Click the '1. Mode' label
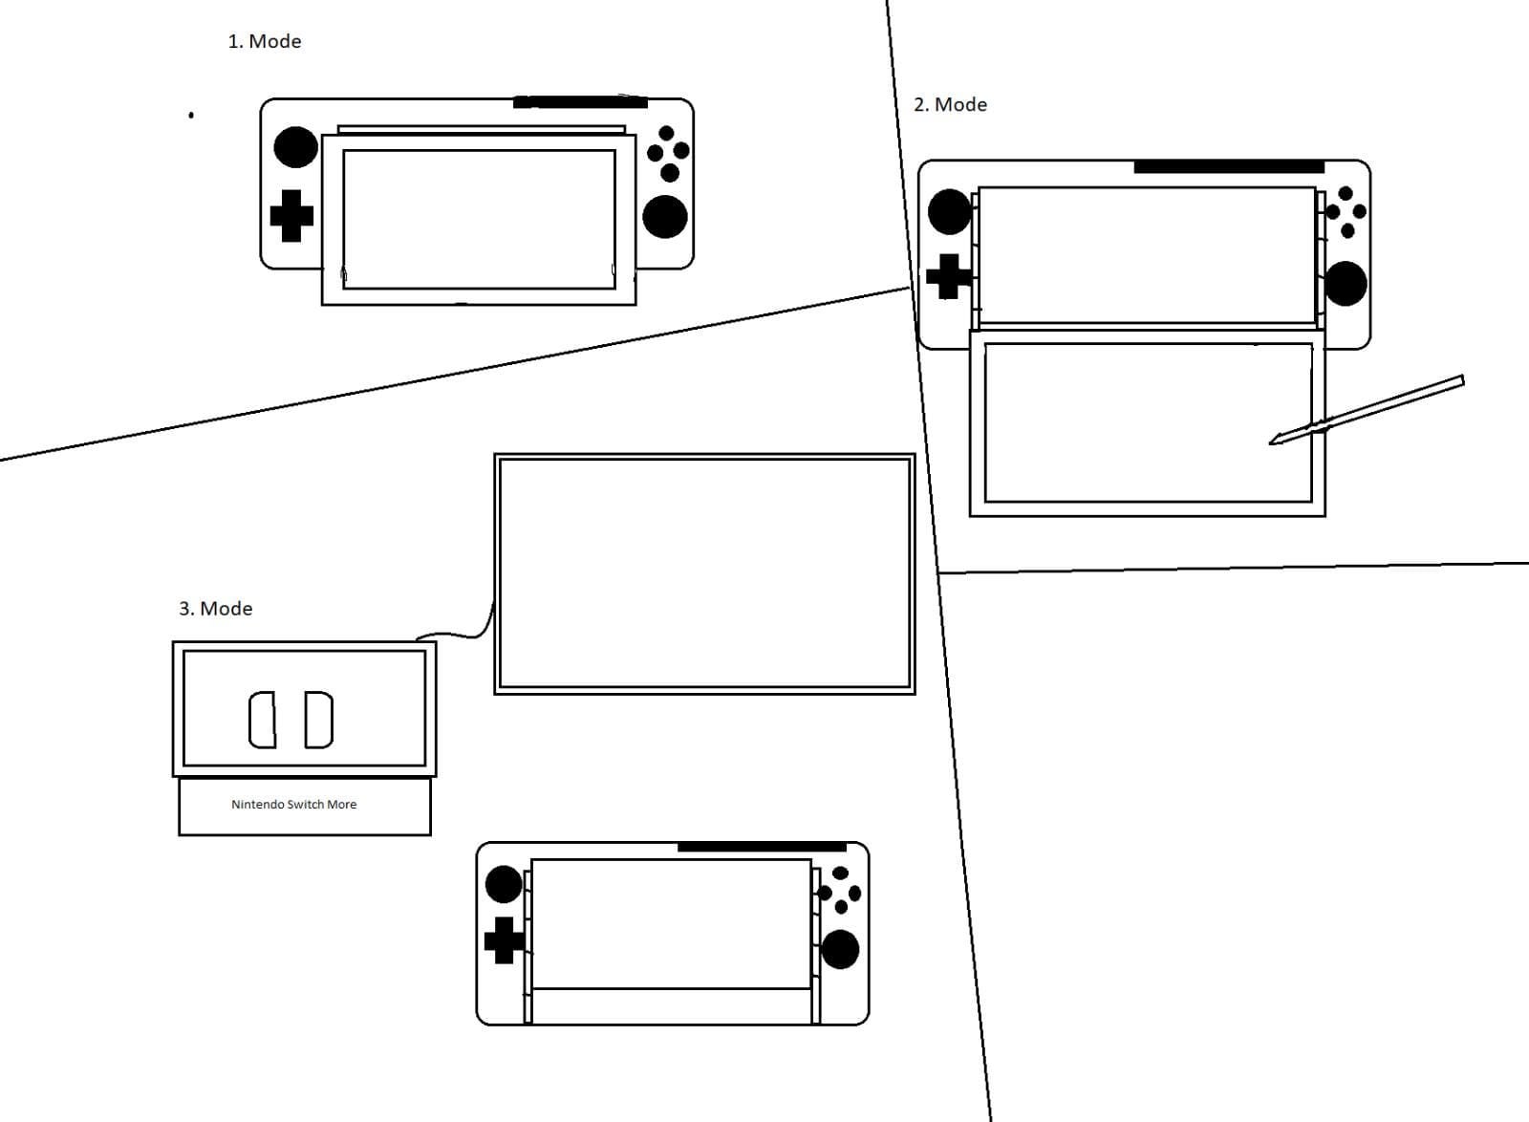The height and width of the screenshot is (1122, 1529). coord(264,41)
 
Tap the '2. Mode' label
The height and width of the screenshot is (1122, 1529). coord(950,104)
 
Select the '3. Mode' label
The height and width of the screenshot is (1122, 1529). coord(215,609)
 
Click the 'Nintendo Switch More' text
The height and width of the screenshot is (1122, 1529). coord(293,805)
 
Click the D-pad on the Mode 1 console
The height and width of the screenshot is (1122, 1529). coord(291,216)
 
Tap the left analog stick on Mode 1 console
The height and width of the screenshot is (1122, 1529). coord(295,147)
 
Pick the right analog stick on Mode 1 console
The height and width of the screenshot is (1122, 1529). coord(664,217)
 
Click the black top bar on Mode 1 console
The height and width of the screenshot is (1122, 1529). coord(580,102)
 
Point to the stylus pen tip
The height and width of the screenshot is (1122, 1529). coord(1274,442)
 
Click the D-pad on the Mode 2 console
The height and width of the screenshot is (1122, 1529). coord(948,276)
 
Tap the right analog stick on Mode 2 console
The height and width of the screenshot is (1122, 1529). coord(1346,284)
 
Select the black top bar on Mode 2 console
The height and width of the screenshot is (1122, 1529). coord(1228,167)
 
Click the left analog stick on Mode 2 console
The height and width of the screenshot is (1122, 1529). coord(949,212)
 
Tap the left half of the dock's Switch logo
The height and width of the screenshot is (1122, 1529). coord(263,721)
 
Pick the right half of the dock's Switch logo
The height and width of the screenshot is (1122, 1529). coord(319,721)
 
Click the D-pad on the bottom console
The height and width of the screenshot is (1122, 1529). coord(504,940)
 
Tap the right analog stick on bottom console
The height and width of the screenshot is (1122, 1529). coord(840,949)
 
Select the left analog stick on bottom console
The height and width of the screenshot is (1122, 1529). coord(504,884)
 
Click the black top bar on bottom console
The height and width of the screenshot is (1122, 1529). coord(762,847)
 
